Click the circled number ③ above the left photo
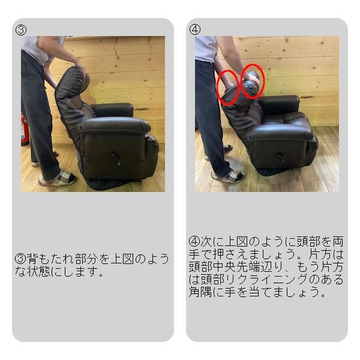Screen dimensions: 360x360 tap(20, 30)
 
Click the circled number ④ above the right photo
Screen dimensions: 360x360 tap(195, 29)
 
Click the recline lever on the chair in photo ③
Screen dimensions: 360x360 tap(116, 159)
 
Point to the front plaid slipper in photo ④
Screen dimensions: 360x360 tap(228, 176)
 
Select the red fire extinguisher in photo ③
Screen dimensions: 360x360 tap(24, 130)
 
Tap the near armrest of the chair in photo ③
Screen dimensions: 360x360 tap(113, 125)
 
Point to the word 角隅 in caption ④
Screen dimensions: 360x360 tap(200, 292)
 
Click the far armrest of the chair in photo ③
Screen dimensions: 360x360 tap(113, 109)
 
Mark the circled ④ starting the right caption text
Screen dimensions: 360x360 tap(194, 242)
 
